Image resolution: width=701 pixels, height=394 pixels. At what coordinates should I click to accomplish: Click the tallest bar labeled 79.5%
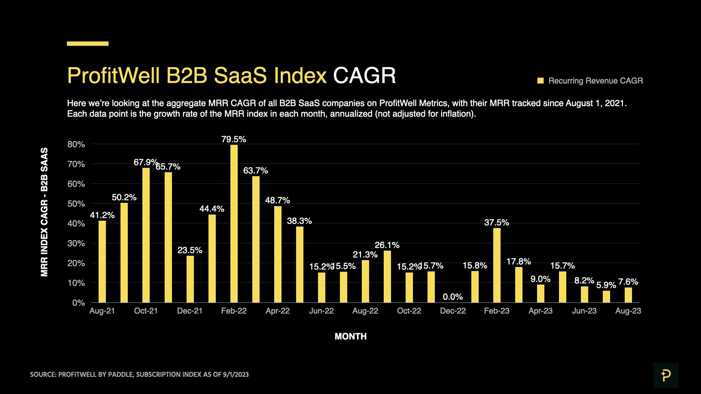coord(234,223)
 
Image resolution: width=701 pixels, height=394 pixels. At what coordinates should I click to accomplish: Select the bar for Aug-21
coord(102,261)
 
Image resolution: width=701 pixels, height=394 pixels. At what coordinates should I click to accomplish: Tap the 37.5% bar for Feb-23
coord(497,265)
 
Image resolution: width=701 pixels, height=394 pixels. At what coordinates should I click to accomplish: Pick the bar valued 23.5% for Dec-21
coord(190,279)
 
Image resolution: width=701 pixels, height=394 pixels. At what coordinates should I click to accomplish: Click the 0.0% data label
coord(453,297)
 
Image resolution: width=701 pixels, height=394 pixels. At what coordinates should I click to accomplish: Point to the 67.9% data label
coord(145,162)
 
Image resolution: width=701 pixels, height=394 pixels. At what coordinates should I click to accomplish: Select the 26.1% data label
coord(387,245)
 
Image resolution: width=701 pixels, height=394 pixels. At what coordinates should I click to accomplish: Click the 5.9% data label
coord(606,285)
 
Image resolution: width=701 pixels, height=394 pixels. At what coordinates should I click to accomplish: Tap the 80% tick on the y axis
coord(76,144)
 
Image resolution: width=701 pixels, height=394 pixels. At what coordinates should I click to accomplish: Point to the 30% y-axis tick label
coord(76,243)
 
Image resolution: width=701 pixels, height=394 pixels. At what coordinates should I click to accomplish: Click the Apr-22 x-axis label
coord(277,311)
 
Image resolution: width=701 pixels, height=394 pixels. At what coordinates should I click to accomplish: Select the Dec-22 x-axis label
coord(453,311)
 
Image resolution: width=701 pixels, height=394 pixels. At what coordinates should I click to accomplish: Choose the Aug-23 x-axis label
coord(628,311)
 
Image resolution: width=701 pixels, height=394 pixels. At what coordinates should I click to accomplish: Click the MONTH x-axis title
coord(350,336)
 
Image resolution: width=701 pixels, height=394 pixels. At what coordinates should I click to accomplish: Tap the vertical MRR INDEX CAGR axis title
coord(44,212)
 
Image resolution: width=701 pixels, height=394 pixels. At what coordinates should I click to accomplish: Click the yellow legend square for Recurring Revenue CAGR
coord(540,81)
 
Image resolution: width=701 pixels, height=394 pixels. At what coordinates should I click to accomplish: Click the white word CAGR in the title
coord(364,76)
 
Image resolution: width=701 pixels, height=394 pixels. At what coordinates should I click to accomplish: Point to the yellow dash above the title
coord(88,43)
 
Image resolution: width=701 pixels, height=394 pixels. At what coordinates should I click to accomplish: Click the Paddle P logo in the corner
coord(666,375)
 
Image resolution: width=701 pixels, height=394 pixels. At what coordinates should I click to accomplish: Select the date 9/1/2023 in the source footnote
coord(235,375)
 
